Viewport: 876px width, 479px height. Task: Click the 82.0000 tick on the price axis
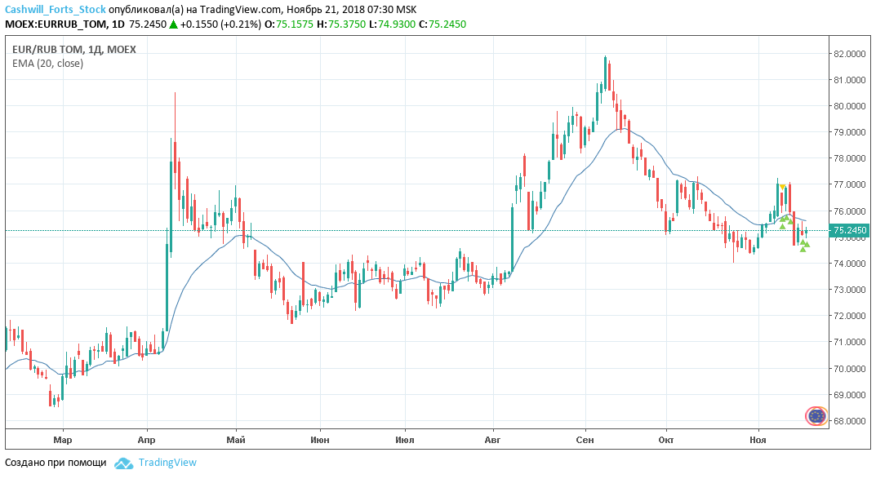coord(849,54)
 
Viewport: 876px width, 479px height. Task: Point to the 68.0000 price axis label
coord(849,421)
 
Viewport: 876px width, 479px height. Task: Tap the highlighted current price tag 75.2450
coord(849,231)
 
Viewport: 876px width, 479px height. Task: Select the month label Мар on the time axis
coord(63,441)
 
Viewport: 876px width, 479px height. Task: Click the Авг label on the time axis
coord(492,441)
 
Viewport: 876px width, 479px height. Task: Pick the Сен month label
coord(585,441)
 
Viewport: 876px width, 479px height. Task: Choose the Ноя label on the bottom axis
coord(759,441)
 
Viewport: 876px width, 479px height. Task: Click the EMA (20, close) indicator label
coord(47,64)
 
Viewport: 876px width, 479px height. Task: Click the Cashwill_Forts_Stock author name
coord(55,9)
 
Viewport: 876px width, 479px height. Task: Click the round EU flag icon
coord(816,416)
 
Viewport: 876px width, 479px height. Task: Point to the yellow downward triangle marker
coord(782,187)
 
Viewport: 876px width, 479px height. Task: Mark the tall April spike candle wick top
coord(175,93)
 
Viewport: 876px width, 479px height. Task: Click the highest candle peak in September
coord(605,56)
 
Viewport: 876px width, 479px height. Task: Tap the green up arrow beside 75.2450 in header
coord(173,24)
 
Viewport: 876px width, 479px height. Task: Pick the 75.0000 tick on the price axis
coord(849,237)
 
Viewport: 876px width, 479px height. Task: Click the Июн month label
coord(321,441)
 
